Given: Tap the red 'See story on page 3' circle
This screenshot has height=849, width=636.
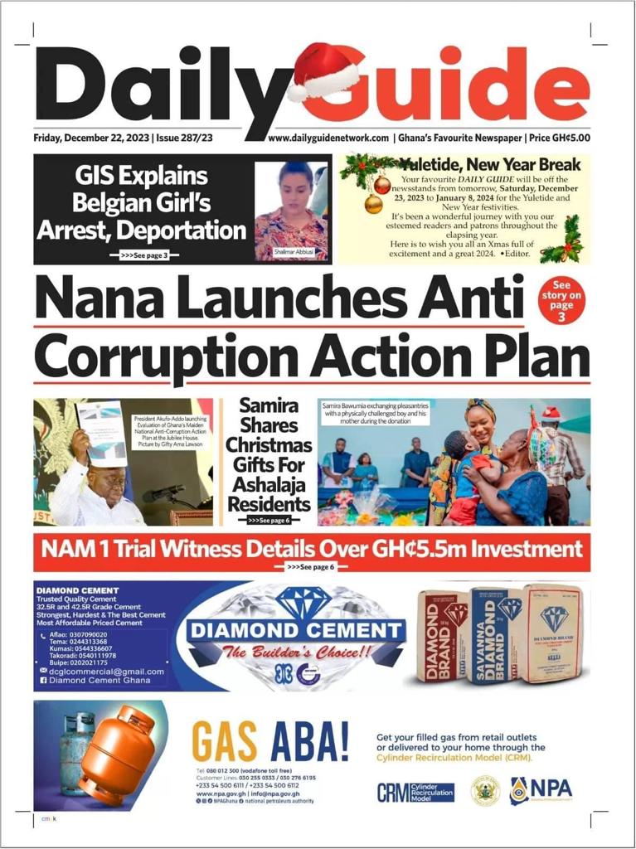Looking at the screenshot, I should pyautogui.click(x=561, y=299).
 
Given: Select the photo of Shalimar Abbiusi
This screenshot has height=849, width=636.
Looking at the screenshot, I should pyautogui.click(x=290, y=211).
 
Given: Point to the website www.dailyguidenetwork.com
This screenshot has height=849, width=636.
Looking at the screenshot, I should pyautogui.click(x=328, y=138).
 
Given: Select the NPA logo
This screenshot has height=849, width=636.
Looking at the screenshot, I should pyautogui.click(x=541, y=790).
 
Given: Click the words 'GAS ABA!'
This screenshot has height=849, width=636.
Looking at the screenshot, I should pyautogui.click(x=270, y=741).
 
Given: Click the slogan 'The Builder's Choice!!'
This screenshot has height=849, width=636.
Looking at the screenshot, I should pyautogui.click(x=296, y=653).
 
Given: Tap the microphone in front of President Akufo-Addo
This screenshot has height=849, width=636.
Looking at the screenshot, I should pyautogui.click(x=162, y=495).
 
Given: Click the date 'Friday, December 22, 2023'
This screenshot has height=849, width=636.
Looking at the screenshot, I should pyautogui.click(x=91, y=138).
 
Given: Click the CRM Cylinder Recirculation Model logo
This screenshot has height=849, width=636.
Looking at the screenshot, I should pyautogui.click(x=415, y=792).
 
